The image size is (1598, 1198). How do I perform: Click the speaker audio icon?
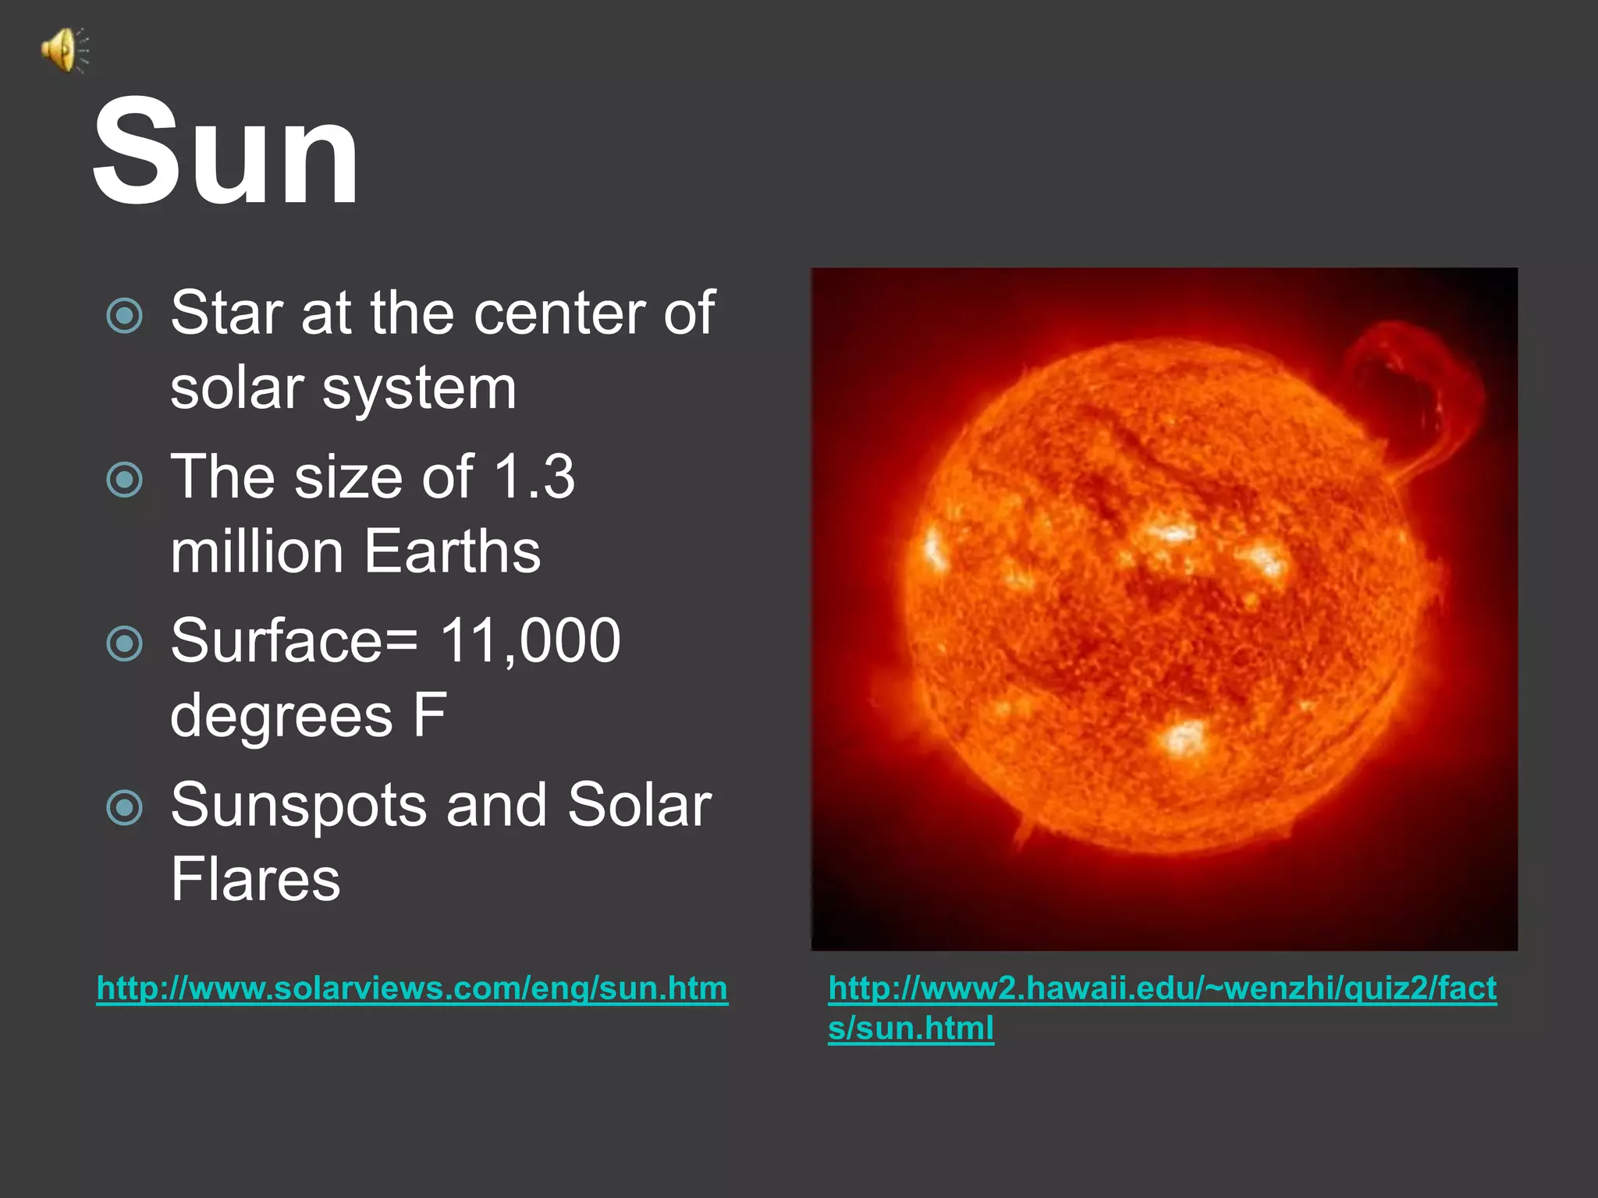65,50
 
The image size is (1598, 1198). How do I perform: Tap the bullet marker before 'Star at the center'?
125,316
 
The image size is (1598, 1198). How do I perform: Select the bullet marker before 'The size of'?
125,480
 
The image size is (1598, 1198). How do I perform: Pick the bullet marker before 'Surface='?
125,643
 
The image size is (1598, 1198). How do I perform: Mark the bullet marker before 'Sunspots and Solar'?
125,807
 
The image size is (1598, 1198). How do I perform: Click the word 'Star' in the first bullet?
225,314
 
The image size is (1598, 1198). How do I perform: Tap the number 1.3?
534,477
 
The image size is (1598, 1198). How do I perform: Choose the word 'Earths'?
452,551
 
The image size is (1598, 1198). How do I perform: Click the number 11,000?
531,641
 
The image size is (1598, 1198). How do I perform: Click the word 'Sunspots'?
298,806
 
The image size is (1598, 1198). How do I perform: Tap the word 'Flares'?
255,880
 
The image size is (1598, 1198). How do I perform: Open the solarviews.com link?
412,988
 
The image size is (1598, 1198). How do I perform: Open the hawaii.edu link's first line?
1162,988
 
